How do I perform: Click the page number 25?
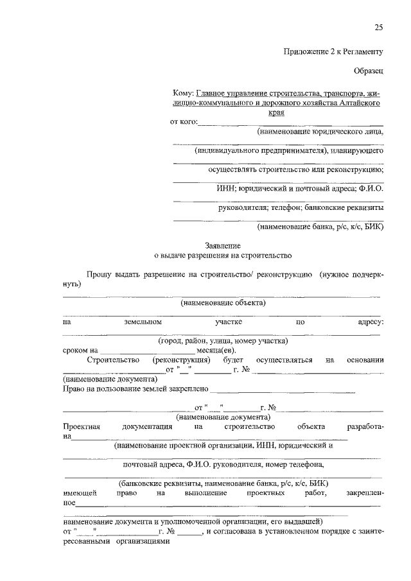tap(378, 26)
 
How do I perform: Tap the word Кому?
tap(183, 93)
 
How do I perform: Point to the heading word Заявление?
tap(222, 245)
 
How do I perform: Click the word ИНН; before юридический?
tap(226, 189)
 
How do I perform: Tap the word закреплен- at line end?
tap(364, 493)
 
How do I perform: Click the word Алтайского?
tap(356, 103)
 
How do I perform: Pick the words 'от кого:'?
tap(184, 122)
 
